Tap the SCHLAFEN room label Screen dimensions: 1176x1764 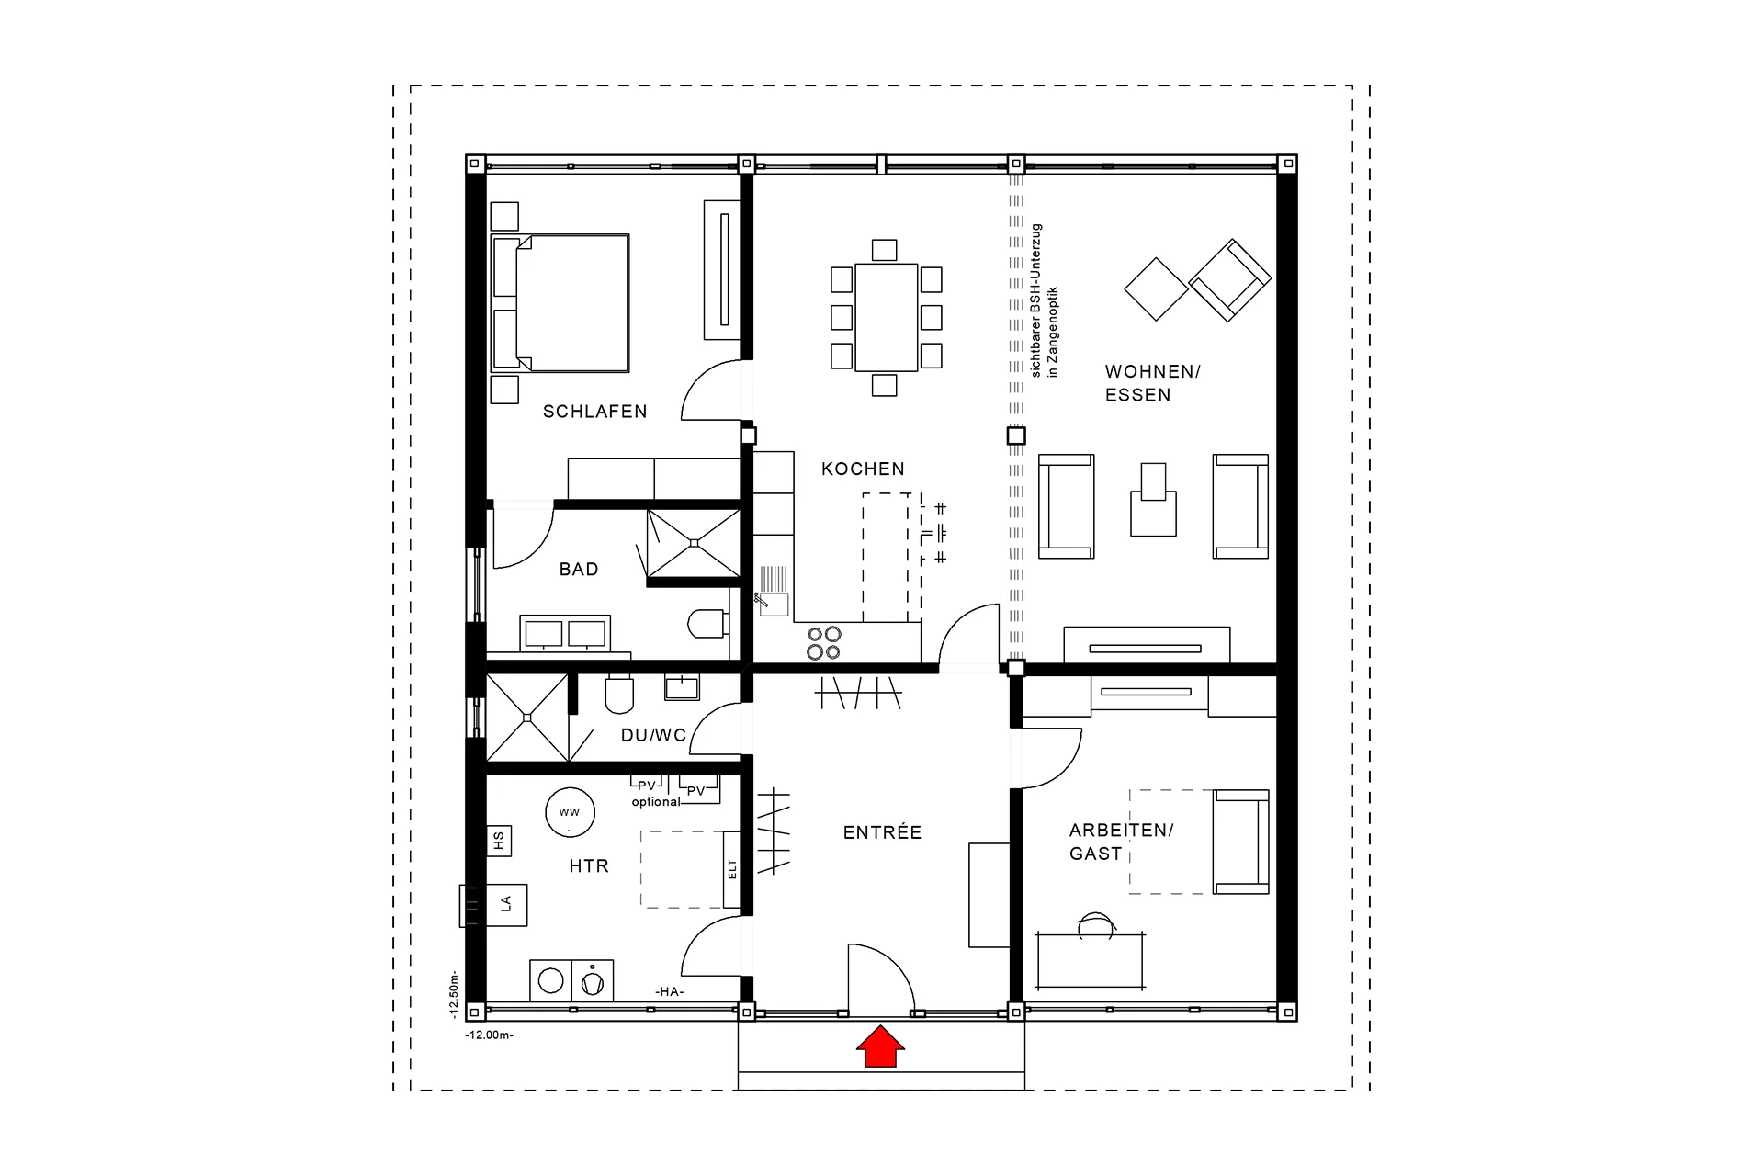click(x=594, y=412)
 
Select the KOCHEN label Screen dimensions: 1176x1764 click(x=863, y=469)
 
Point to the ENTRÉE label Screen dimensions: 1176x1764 click(x=882, y=832)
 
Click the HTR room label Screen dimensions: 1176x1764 click(x=589, y=865)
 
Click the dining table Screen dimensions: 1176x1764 click(x=886, y=318)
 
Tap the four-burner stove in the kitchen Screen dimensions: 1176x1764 click(x=823, y=643)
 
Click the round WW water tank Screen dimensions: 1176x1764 click(x=570, y=812)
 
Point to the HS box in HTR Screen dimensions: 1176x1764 click(x=498, y=841)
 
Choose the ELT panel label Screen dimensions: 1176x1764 click(x=732, y=869)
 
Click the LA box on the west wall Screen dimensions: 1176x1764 click(x=504, y=905)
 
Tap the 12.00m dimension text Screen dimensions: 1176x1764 click(x=489, y=1035)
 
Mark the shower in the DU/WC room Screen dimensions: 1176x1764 click(x=526, y=718)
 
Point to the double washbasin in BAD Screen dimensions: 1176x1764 click(x=564, y=633)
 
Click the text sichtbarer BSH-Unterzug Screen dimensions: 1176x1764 click(x=1036, y=300)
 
